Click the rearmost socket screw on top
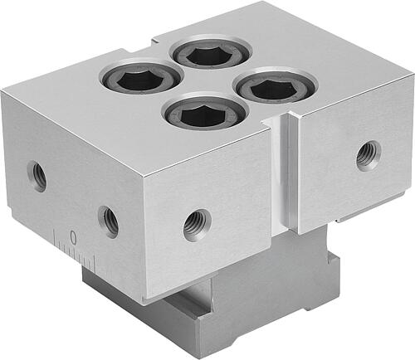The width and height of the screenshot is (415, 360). point(211,52)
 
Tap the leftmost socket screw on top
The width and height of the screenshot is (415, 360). point(141,76)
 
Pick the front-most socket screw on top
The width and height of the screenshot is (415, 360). point(205,111)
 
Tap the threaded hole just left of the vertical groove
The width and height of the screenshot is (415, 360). point(198,225)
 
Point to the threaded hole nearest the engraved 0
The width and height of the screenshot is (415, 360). point(109,221)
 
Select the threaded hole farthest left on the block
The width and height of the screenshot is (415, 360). point(37,176)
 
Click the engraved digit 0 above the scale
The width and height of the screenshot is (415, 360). point(73,237)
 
